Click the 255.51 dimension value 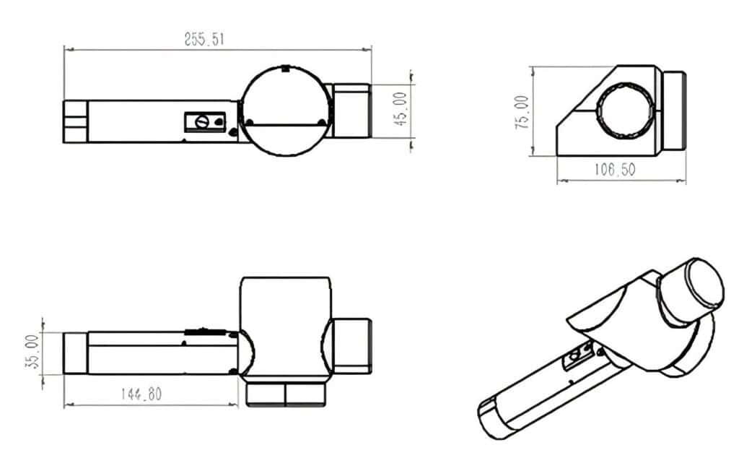(204, 40)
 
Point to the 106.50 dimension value (614, 170)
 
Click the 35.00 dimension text (31, 353)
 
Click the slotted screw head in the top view (203, 121)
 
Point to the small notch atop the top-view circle (286, 69)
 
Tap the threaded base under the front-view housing (287, 394)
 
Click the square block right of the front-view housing (353, 345)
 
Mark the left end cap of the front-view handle (75, 353)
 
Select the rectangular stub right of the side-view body (674, 111)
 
